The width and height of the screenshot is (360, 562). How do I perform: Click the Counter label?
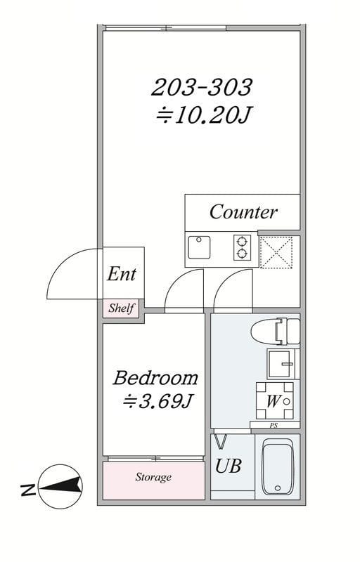[x=243, y=212]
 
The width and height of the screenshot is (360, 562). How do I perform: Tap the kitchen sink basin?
[x=199, y=247]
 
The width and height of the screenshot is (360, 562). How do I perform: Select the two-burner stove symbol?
[x=242, y=247]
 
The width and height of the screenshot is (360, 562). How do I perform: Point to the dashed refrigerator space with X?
[x=276, y=252]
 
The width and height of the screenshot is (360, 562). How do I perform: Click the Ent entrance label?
[x=122, y=274]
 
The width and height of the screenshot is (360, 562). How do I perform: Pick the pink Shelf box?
[x=121, y=308]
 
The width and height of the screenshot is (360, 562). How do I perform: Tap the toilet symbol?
[x=276, y=331]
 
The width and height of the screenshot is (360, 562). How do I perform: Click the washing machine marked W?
[x=275, y=400]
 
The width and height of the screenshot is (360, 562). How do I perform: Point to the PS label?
[x=274, y=426]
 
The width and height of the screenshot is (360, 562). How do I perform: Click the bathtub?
[x=278, y=467]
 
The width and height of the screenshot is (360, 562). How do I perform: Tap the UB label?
[x=228, y=466]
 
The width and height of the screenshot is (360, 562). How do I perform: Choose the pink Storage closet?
[x=154, y=481]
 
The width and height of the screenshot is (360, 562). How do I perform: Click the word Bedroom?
[x=155, y=378]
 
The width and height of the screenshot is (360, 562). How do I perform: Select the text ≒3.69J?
[x=156, y=401]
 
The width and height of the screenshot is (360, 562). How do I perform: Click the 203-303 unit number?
[x=202, y=87]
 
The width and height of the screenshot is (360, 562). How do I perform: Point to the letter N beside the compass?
[x=28, y=490]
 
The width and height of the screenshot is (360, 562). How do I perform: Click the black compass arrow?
[x=60, y=487]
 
